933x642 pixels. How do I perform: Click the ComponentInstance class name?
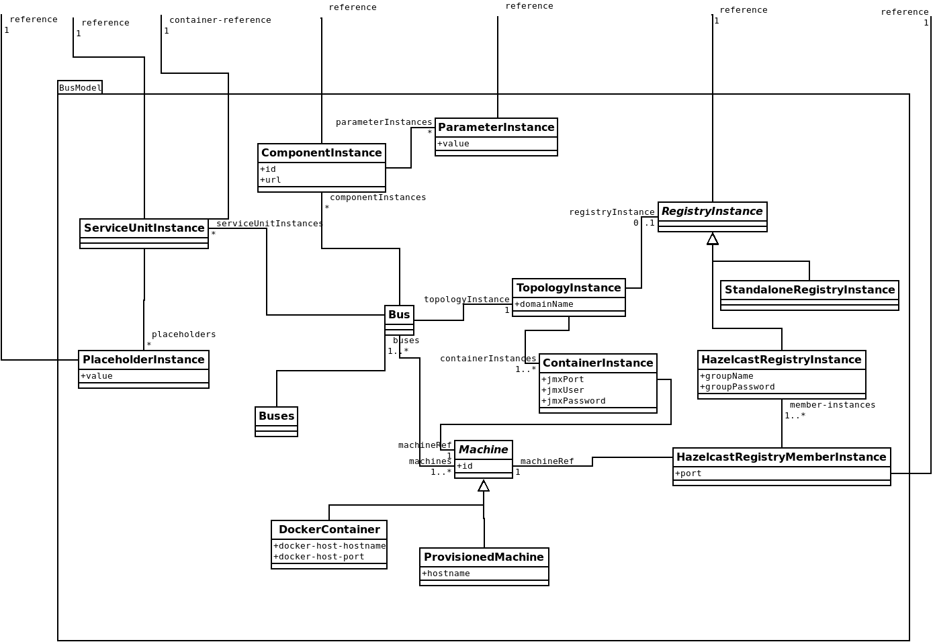[321, 153]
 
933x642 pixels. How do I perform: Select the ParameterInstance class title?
[496, 128]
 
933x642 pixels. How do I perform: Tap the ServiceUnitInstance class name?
[144, 228]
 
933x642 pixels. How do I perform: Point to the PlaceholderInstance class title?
[143, 360]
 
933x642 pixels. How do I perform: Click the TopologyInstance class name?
[568, 288]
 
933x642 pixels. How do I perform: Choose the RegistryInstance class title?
[712, 212]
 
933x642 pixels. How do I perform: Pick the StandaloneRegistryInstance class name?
[809, 290]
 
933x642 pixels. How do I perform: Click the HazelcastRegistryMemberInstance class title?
[781, 457]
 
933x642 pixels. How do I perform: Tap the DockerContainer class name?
[329, 530]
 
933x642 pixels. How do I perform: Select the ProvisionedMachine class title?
[484, 557]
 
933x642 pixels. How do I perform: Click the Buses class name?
[276, 416]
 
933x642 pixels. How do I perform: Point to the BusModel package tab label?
[80, 88]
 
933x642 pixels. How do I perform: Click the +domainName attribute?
[544, 304]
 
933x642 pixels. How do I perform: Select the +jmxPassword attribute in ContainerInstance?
[574, 401]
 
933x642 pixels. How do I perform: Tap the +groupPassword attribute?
[738, 387]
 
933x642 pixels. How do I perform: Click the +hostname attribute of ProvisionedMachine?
[446, 574]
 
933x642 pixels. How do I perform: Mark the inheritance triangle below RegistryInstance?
[713, 239]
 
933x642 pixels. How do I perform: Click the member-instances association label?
[832, 405]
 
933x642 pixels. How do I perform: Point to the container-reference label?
[220, 20]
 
